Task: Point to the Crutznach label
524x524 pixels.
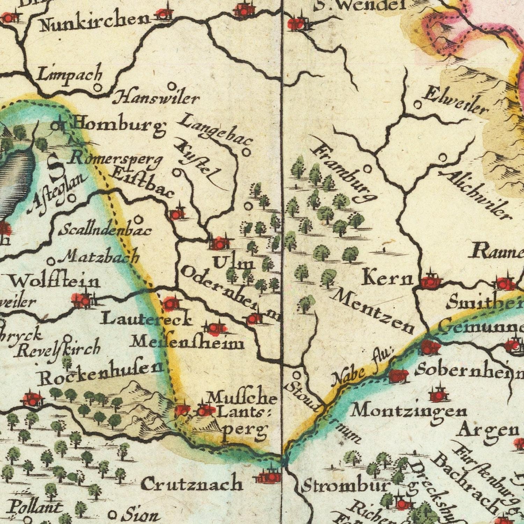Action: pyautogui.click(x=192, y=484)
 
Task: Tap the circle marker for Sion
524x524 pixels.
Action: pyautogui.click(x=112, y=515)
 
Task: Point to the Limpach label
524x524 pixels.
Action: pyautogui.click(x=70, y=74)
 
